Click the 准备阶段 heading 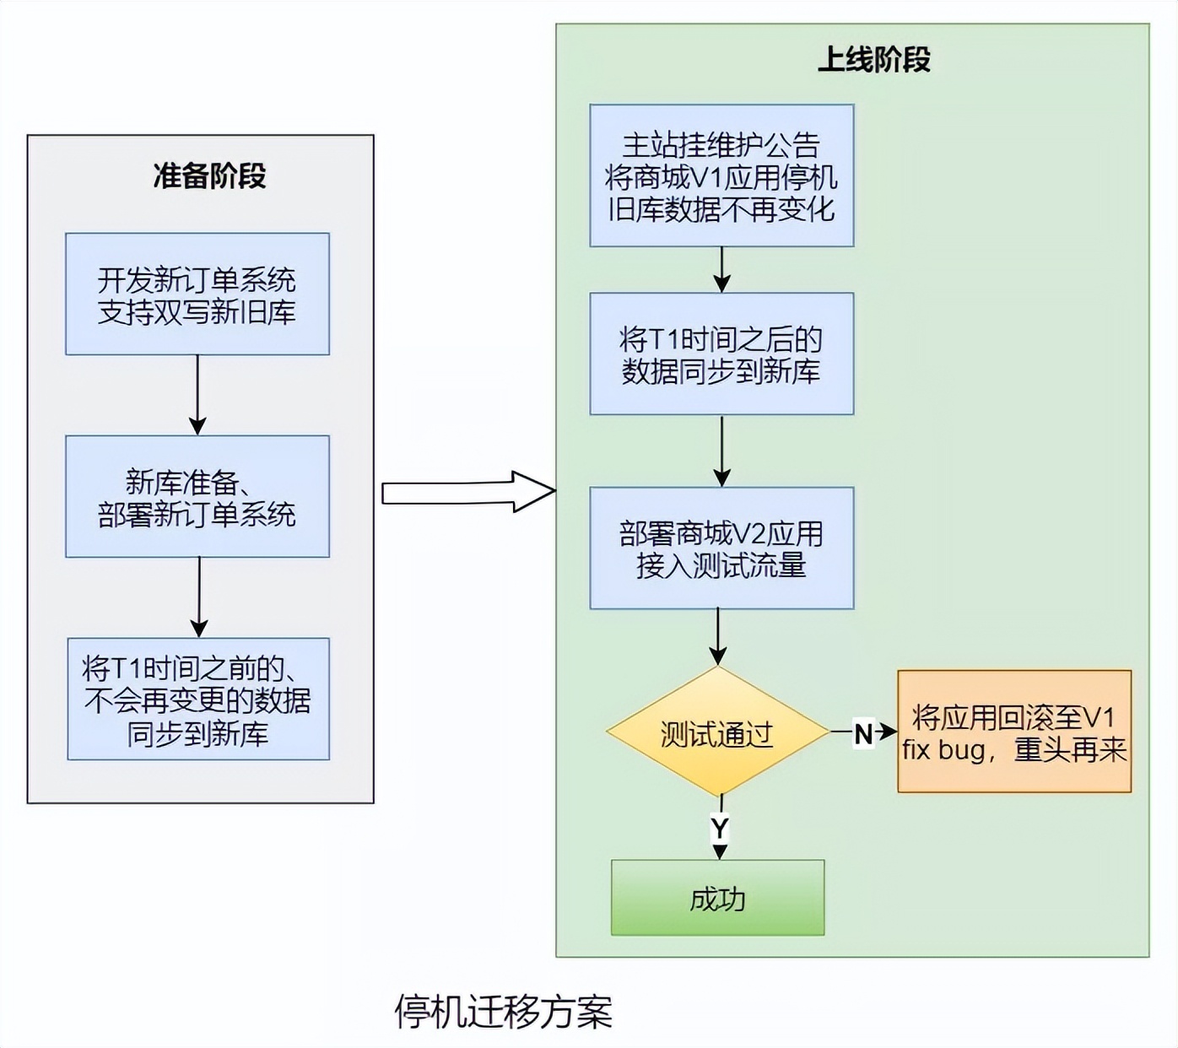pos(209,176)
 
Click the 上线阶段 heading pos(873,60)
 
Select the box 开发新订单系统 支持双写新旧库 pos(197,294)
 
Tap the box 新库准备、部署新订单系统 pos(197,496)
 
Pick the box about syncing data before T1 pos(198,699)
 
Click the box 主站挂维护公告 pos(721,176)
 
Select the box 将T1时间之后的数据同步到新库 pos(721,354)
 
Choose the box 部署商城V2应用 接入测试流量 pos(721,548)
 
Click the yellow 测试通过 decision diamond pos(717,732)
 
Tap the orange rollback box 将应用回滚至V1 pos(1013,731)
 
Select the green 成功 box pos(717,898)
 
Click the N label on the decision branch pos(863,733)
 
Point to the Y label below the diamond pos(719,829)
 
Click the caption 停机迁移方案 pos(504,1011)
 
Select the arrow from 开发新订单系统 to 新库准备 pos(197,394)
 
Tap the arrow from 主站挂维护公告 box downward pos(721,269)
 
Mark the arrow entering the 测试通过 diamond pos(718,637)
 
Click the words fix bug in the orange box pos(943,749)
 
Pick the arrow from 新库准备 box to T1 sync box pos(199,597)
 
